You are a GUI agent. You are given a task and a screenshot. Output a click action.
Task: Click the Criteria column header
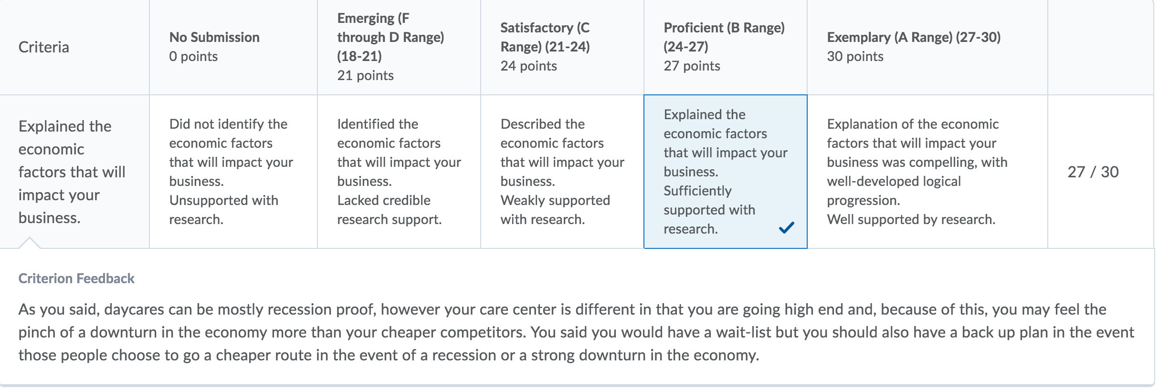coord(44,47)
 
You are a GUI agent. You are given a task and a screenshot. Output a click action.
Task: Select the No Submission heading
coord(214,37)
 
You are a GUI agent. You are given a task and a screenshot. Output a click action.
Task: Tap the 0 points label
coord(193,56)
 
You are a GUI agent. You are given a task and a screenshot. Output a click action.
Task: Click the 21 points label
coord(365,75)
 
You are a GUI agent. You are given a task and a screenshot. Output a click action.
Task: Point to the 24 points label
coord(528,66)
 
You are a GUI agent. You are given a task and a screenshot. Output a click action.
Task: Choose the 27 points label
coord(692,66)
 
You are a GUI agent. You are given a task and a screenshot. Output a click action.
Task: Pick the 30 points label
coord(855,56)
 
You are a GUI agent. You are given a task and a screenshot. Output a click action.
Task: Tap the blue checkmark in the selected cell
coord(786,228)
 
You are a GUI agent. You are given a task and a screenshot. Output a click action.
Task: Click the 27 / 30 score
coord(1093,172)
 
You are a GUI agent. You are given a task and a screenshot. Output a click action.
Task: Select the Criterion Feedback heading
coord(76,278)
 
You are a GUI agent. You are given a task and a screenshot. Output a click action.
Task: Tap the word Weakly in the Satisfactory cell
coord(522,200)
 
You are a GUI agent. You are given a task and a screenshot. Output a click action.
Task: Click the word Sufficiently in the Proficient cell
coord(697,191)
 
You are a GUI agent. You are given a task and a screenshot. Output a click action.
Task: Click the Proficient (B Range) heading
coord(724,28)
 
